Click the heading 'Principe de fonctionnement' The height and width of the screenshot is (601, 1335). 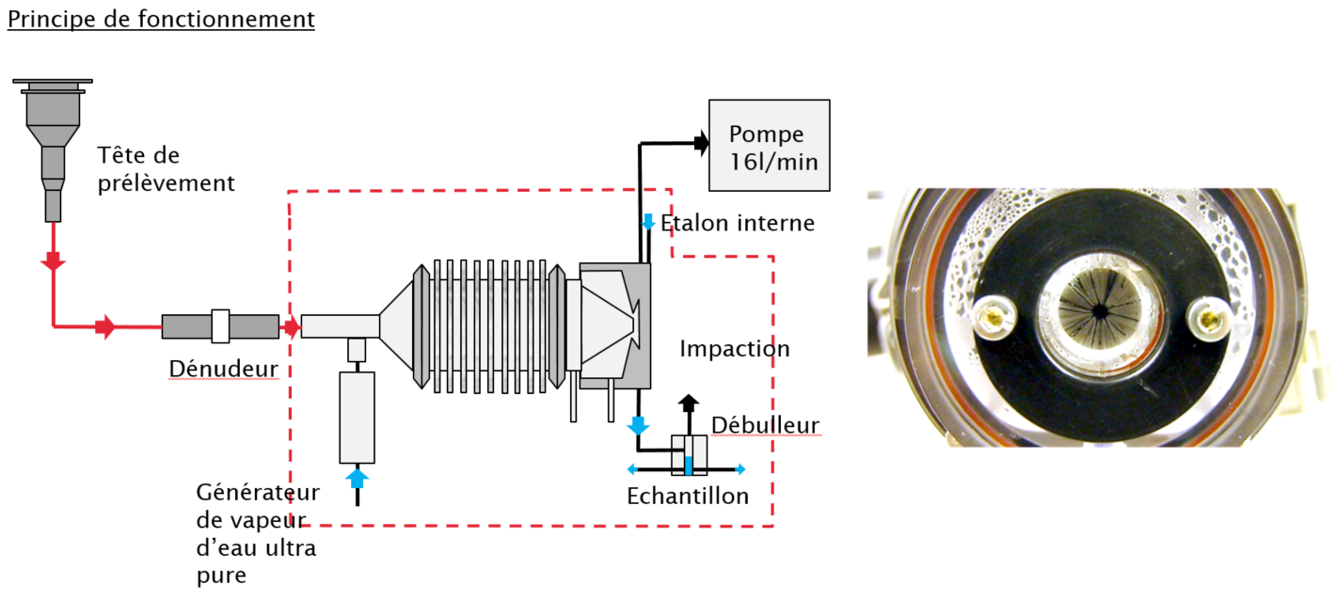pos(161,20)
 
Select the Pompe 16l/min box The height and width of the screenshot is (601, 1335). pos(769,145)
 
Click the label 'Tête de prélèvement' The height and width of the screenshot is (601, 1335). pos(166,168)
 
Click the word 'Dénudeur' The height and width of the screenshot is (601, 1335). pos(224,369)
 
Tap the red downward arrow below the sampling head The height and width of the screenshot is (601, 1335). pos(54,261)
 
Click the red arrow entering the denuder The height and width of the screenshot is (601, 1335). pos(105,327)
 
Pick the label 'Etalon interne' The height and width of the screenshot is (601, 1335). pos(738,223)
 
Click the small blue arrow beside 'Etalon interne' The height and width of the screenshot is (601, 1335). pos(648,223)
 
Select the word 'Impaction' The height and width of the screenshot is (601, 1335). pos(735,349)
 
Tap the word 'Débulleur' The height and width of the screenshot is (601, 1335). pos(765,425)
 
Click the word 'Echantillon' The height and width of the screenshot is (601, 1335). pos(688,496)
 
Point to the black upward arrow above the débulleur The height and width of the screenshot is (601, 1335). pos(689,403)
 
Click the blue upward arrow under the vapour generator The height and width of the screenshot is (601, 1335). pos(357,478)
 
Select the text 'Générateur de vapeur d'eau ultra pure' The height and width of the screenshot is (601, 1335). pos(258,533)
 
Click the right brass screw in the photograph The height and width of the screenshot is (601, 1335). pos(1206,318)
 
